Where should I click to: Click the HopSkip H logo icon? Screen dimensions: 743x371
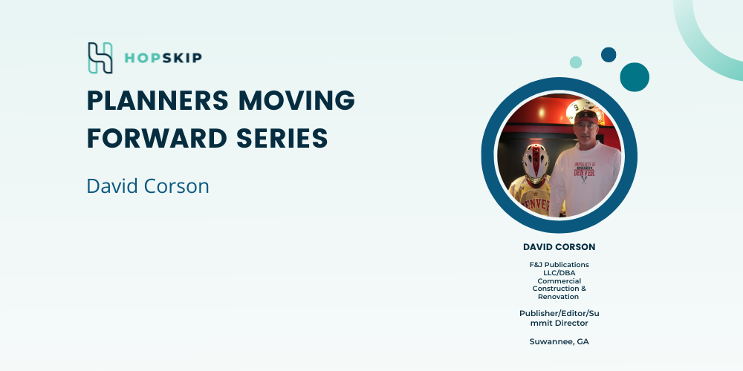(100, 58)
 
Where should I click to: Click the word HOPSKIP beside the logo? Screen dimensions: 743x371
(163, 58)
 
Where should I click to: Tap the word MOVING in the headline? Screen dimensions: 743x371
(297, 100)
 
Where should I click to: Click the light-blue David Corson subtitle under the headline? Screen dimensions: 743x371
(148, 186)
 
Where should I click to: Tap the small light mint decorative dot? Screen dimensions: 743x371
(576, 62)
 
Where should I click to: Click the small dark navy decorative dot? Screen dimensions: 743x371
(609, 54)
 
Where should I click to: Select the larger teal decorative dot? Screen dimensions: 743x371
(635, 77)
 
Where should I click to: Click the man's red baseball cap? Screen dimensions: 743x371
(586, 116)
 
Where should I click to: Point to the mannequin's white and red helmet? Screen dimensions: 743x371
(536, 162)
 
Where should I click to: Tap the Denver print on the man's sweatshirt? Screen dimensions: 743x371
(584, 171)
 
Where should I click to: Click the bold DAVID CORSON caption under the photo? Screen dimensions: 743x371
(559, 247)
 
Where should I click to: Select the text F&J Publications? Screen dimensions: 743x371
(559, 265)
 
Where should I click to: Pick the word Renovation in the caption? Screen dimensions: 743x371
(558, 297)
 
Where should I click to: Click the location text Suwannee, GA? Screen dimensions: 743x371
(559, 341)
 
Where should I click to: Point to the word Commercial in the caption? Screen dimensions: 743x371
(559, 280)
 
